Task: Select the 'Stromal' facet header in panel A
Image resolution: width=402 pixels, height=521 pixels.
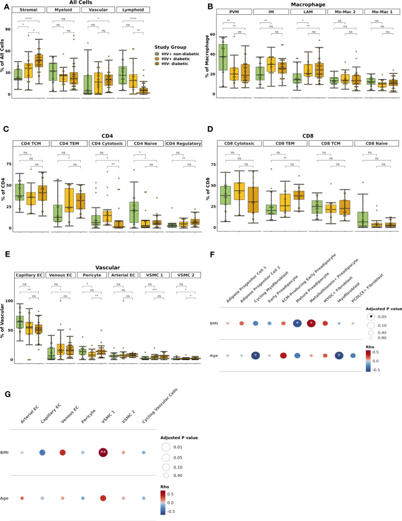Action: coord(29,10)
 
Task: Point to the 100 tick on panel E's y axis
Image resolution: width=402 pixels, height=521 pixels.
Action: coord(10,301)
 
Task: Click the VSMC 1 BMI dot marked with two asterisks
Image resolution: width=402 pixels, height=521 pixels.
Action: coord(103,437)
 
